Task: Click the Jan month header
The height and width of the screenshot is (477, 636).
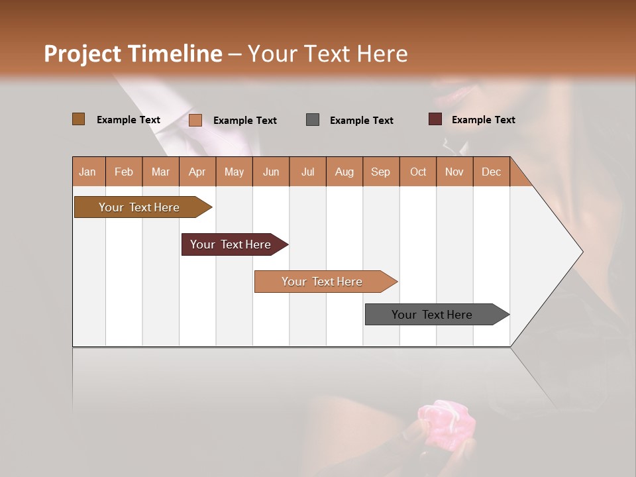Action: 87,172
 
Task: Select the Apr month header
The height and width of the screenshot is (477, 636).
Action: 197,172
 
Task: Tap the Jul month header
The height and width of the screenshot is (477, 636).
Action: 307,172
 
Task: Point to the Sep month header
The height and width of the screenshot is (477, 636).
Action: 380,172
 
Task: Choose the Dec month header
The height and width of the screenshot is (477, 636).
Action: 491,172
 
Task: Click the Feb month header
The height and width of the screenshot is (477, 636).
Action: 124,172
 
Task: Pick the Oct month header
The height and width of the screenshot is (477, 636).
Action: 418,172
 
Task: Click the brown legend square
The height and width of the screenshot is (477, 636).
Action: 78,119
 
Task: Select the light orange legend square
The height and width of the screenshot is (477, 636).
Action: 195,120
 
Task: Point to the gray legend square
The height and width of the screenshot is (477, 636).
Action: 313,120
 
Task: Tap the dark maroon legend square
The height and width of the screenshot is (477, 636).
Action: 435,119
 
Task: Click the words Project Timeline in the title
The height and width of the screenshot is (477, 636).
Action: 133,54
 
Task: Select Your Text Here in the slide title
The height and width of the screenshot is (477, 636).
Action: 327,54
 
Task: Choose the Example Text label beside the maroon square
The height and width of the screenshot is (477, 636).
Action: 483,120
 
